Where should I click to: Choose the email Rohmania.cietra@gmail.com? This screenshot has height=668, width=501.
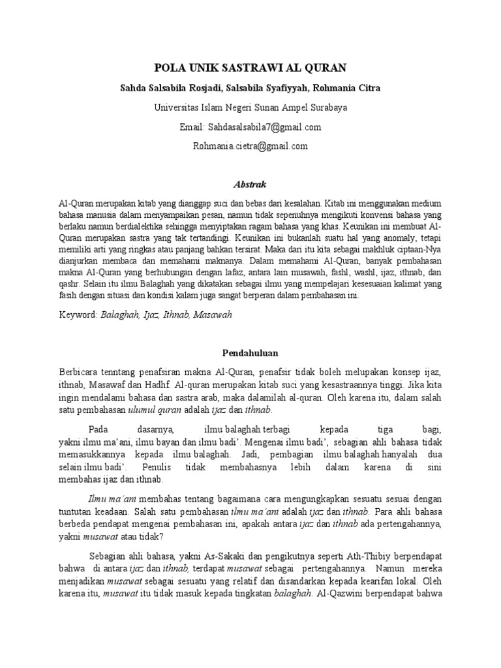[x=250, y=146]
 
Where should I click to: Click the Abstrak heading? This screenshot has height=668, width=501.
[x=250, y=185]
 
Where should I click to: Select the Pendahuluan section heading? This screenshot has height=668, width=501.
[x=250, y=353]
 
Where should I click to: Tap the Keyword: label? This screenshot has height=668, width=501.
[x=78, y=314]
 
